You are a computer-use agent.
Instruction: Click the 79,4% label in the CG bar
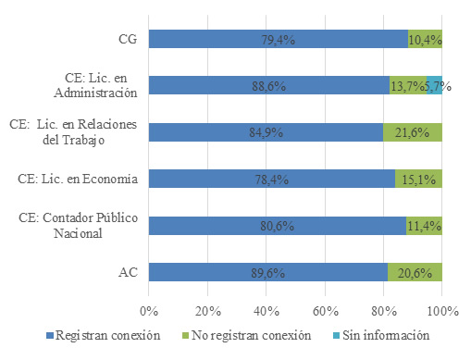(278, 39)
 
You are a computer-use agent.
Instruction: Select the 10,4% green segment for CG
(426, 39)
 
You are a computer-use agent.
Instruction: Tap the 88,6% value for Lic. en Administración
(269, 86)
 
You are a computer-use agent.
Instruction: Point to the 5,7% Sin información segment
(436, 86)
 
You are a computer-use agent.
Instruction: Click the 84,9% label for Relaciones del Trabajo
(266, 132)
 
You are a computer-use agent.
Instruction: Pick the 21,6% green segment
(413, 132)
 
